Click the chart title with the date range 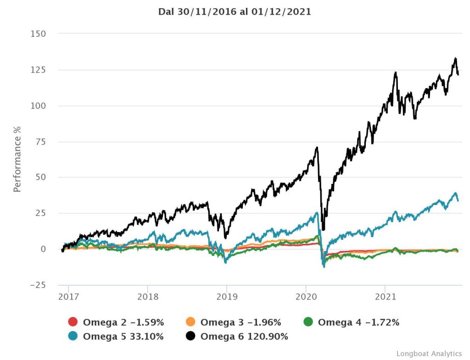pos(235,12)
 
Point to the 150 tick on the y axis pos(38,34)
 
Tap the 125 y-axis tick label pos(38,70)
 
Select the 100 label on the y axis pos(38,106)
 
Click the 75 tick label pos(40,142)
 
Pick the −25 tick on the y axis pos(36,285)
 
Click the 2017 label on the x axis pos(68,296)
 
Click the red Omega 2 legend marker pos(73,322)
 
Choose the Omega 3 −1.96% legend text pos(241,322)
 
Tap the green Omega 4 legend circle pos(308,322)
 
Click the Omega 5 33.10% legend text pos(123,337)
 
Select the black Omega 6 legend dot pos(190,337)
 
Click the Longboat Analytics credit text pos(429,354)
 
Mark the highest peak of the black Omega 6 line pos(455,58)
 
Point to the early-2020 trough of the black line pos(324,229)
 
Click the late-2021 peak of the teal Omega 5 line pos(455,193)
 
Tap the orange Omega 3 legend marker pos(190,322)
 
